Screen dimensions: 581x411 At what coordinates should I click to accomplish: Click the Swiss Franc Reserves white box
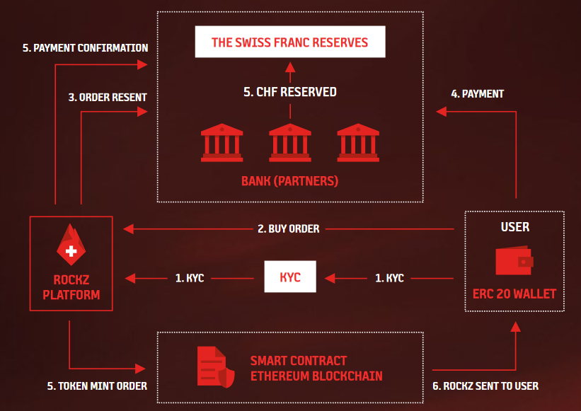[x=290, y=42]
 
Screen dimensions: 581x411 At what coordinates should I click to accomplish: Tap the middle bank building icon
[x=290, y=143]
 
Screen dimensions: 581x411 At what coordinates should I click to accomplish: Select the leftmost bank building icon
[x=222, y=143]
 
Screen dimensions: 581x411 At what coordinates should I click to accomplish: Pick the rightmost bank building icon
[x=358, y=143]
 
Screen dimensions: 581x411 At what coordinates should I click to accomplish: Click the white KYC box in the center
[x=290, y=277]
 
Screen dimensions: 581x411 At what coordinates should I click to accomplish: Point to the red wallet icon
[x=514, y=260]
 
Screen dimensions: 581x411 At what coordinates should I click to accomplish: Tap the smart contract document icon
[x=216, y=367]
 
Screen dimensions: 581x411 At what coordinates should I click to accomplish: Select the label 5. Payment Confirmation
[x=85, y=48]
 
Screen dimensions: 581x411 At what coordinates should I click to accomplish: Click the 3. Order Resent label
[x=108, y=98]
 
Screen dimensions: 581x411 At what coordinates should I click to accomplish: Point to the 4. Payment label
[x=477, y=94]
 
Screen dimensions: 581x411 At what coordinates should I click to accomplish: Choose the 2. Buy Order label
[x=289, y=228]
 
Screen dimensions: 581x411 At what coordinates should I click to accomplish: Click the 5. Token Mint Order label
[x=97, y=386]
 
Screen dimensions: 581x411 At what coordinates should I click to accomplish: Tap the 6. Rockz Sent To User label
[x=485, y=386]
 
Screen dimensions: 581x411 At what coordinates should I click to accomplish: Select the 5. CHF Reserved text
[x=290, y=92]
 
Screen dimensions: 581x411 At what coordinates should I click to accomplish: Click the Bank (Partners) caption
[x=289, y=181]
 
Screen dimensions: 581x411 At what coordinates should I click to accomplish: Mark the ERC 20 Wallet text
[x=514, y=294]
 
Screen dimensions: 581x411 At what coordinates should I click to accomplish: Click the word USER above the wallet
[x=515, y=227]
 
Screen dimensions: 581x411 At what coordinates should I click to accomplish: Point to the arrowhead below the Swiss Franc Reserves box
[x=290, y=67]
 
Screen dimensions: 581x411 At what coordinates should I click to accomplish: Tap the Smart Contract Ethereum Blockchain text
[x=316, y=369]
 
